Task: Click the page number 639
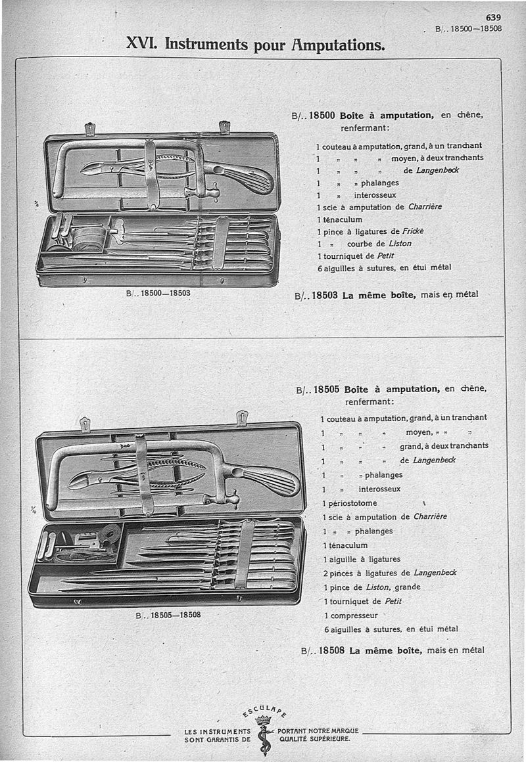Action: click(494, 18)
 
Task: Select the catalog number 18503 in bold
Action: click(324, 295)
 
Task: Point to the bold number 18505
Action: click(327, 389)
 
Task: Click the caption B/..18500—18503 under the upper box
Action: click(158, 294)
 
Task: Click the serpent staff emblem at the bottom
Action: click(264, 736)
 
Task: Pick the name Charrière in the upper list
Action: click(425, 206)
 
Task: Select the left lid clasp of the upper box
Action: click(90, 128)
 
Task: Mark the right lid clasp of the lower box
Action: click(241, 418)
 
